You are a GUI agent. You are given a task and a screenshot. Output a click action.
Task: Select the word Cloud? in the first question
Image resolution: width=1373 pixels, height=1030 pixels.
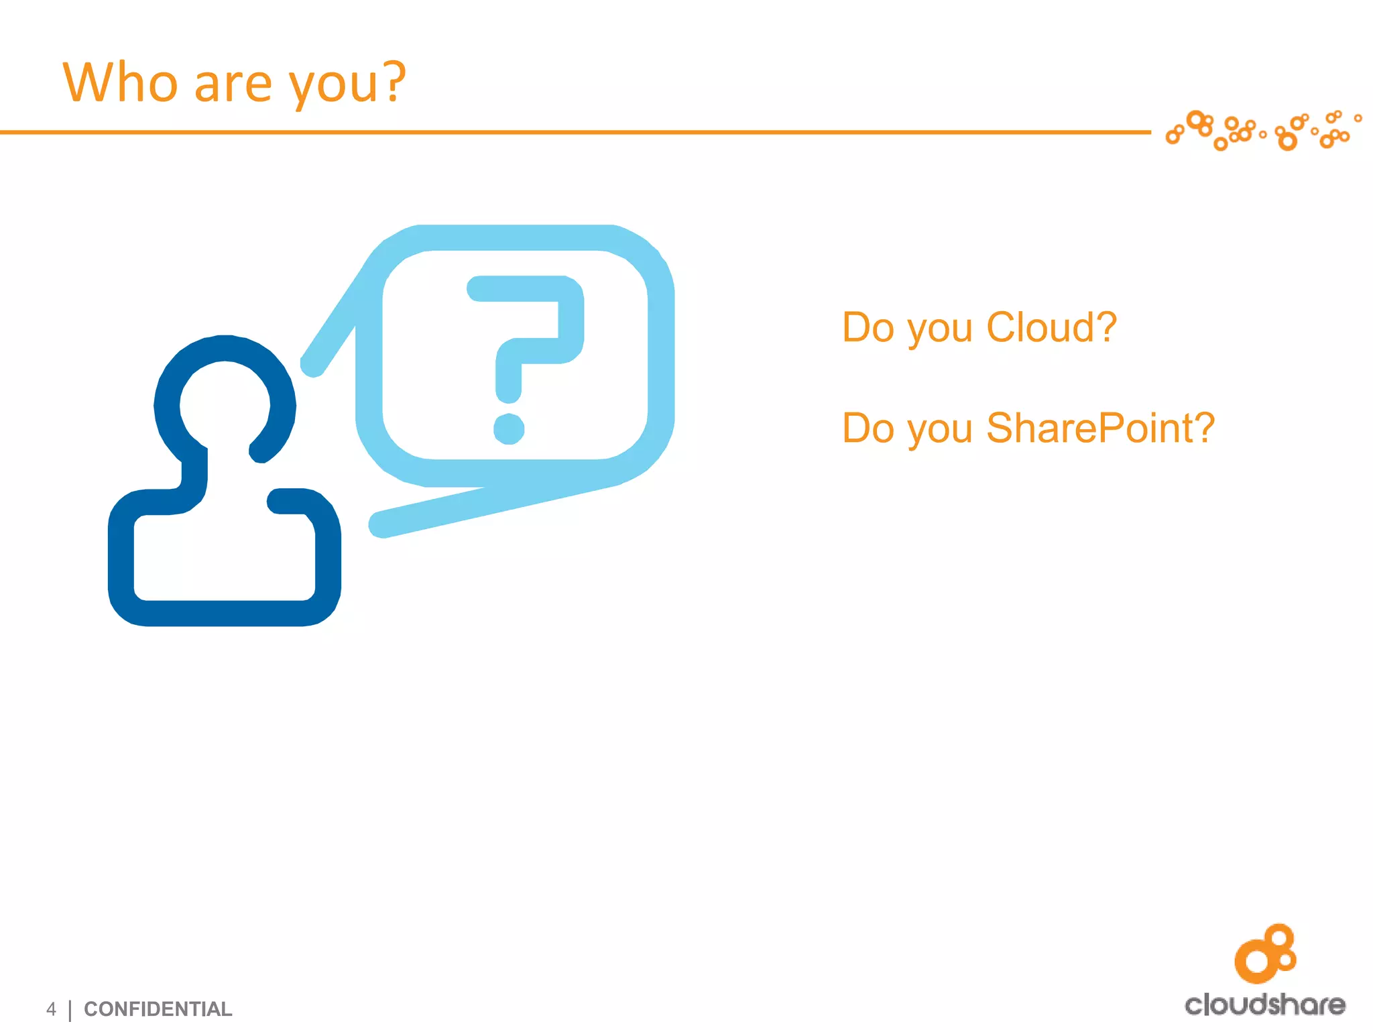click(1051, 327)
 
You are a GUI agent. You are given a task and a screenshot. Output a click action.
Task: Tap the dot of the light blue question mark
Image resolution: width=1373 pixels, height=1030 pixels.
click(509, 429)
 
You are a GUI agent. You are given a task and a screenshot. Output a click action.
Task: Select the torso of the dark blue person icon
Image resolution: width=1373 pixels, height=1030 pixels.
click(225, 557)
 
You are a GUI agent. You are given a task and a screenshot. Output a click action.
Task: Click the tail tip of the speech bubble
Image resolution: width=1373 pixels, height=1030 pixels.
click(379, 524)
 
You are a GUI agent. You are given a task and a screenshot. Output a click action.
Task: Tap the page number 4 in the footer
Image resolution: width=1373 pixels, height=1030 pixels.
click(51, 1009)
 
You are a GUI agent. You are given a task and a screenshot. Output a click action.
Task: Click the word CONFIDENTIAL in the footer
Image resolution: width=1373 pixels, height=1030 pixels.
click(158, 1009)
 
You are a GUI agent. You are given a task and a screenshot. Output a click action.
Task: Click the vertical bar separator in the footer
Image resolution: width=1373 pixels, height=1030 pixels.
click(70, 1010)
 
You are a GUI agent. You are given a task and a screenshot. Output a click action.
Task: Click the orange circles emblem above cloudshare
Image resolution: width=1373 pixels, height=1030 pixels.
click(1265, 953)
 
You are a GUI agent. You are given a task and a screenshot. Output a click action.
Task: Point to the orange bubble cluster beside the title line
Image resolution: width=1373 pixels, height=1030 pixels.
click(1263, 130)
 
